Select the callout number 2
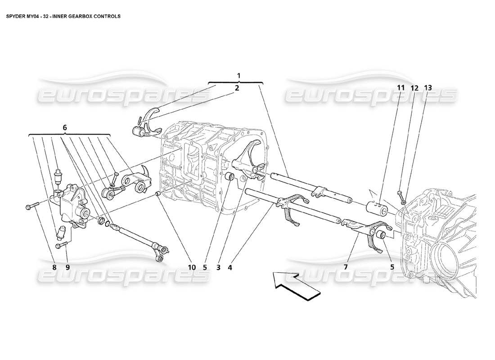237,88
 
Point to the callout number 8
54,267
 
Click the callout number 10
192,267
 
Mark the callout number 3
218,267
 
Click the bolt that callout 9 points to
62,246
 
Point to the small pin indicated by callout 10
158,194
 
